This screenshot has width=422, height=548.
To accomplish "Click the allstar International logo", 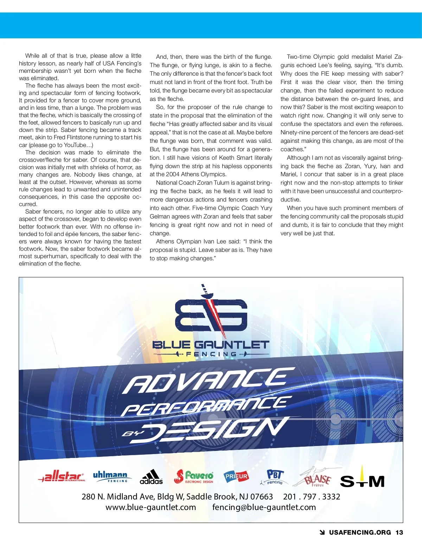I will point(62,477).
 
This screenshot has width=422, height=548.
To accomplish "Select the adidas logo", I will point(151,477).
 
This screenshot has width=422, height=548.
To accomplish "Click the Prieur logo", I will point(236,476).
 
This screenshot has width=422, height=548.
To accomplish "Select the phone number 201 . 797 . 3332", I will point(312,497).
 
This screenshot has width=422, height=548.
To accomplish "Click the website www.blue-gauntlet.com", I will point(151,507).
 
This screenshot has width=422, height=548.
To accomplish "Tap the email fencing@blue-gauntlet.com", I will point(264,507).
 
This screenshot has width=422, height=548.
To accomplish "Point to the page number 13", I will point(399,533).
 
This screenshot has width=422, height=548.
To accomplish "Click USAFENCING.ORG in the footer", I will point(360,533).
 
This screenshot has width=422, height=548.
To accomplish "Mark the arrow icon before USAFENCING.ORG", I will point(322,533).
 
